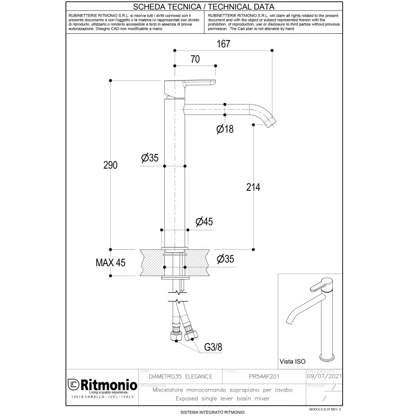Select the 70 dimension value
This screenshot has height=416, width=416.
pyautogui.click(x=194, y=60)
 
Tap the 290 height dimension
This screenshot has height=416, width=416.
pyautogui.click(x=110, y=165)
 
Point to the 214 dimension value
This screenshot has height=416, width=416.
pyautogui.click(x=252, y=187)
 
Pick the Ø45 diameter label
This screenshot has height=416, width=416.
pyautogui.click(x=204, y=222)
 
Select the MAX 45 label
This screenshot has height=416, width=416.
pyautogui.click(x=110, y=263)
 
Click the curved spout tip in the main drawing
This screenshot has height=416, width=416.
pyautogui.click(x=270, y=122)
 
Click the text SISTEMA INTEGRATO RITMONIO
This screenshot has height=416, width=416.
pyautogui.click(x=207, y=411)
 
